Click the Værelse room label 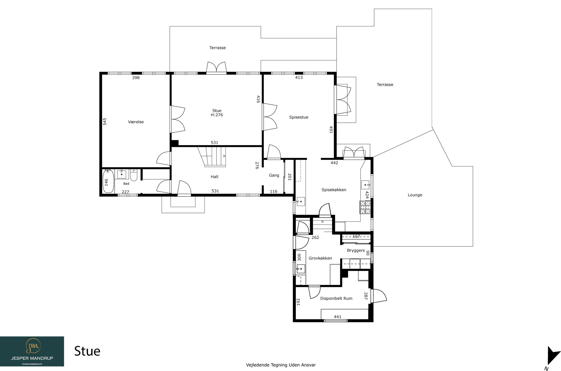pyautogui.click(x=136, y=122)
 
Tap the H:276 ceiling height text pyautogui.click(x=217, y=115)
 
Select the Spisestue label pyautogui.click(x=299, y=117)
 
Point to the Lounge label pyautogui.click(x=415, y=195)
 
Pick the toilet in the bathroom pyautogui.click(x=134, y=175)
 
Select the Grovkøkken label pyautogui.click(x=320, y=258)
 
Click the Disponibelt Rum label pyautogui.click(x=336, y=298)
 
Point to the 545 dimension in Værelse pyautogui.click(x=105, y=121)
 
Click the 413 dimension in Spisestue pyautogui.click(x=299, y=77)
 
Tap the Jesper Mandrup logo pyautogui.click(x=32, y=351)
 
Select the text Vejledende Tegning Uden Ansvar pyautogui.click(x=281, y=365)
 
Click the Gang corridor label pyautogui.click(x=274, y=175)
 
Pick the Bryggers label pyautogui.click(x=356, y=251)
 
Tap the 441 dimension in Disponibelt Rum pyautogui.click(x=337, y=317)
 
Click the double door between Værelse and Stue pyautogui.click(x=178, y=119)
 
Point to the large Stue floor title pyautogui.click(x=87, y=351)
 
